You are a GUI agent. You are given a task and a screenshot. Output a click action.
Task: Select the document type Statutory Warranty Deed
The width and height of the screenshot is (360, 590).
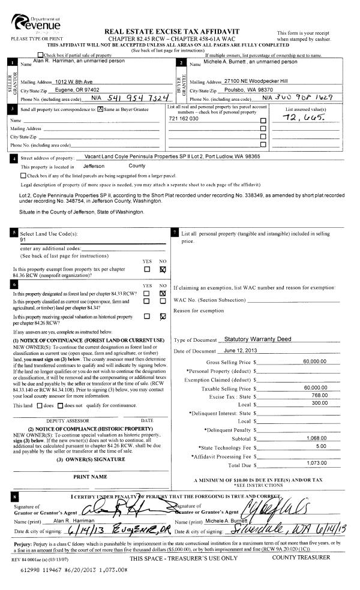coord(255,339)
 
